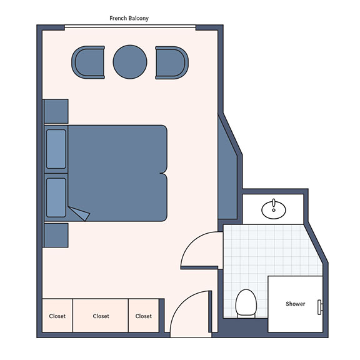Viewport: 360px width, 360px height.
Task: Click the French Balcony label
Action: (x=129, y=18)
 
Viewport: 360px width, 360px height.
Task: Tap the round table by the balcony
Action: (x=130, y=62)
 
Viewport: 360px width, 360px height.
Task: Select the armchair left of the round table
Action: (x=88, y=62)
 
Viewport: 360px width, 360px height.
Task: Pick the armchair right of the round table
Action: (x=172, y=62)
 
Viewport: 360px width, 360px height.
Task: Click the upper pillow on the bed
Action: (x=56, y=149)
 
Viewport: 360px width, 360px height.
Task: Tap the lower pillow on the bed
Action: (x=56, y=197)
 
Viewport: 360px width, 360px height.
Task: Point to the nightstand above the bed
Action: (x=56, y=111)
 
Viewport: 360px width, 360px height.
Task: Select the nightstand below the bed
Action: (x=56, y=236)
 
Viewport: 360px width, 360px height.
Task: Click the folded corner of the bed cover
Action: (x=80, y=213)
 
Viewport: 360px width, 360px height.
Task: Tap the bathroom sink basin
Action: (x=274, y=209)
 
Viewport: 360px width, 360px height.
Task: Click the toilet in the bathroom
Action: (x=246, y=304)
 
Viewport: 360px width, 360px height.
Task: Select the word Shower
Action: (x=295, y=304)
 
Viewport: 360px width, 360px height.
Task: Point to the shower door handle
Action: (x=320, y=307)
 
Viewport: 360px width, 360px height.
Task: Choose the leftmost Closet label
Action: (x=57, y=316)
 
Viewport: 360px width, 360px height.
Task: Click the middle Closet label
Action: (x=101, y=316)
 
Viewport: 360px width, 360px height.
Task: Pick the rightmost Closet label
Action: (x=144, y=316)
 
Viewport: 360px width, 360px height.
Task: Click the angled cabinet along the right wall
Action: (x=227, y=170)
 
